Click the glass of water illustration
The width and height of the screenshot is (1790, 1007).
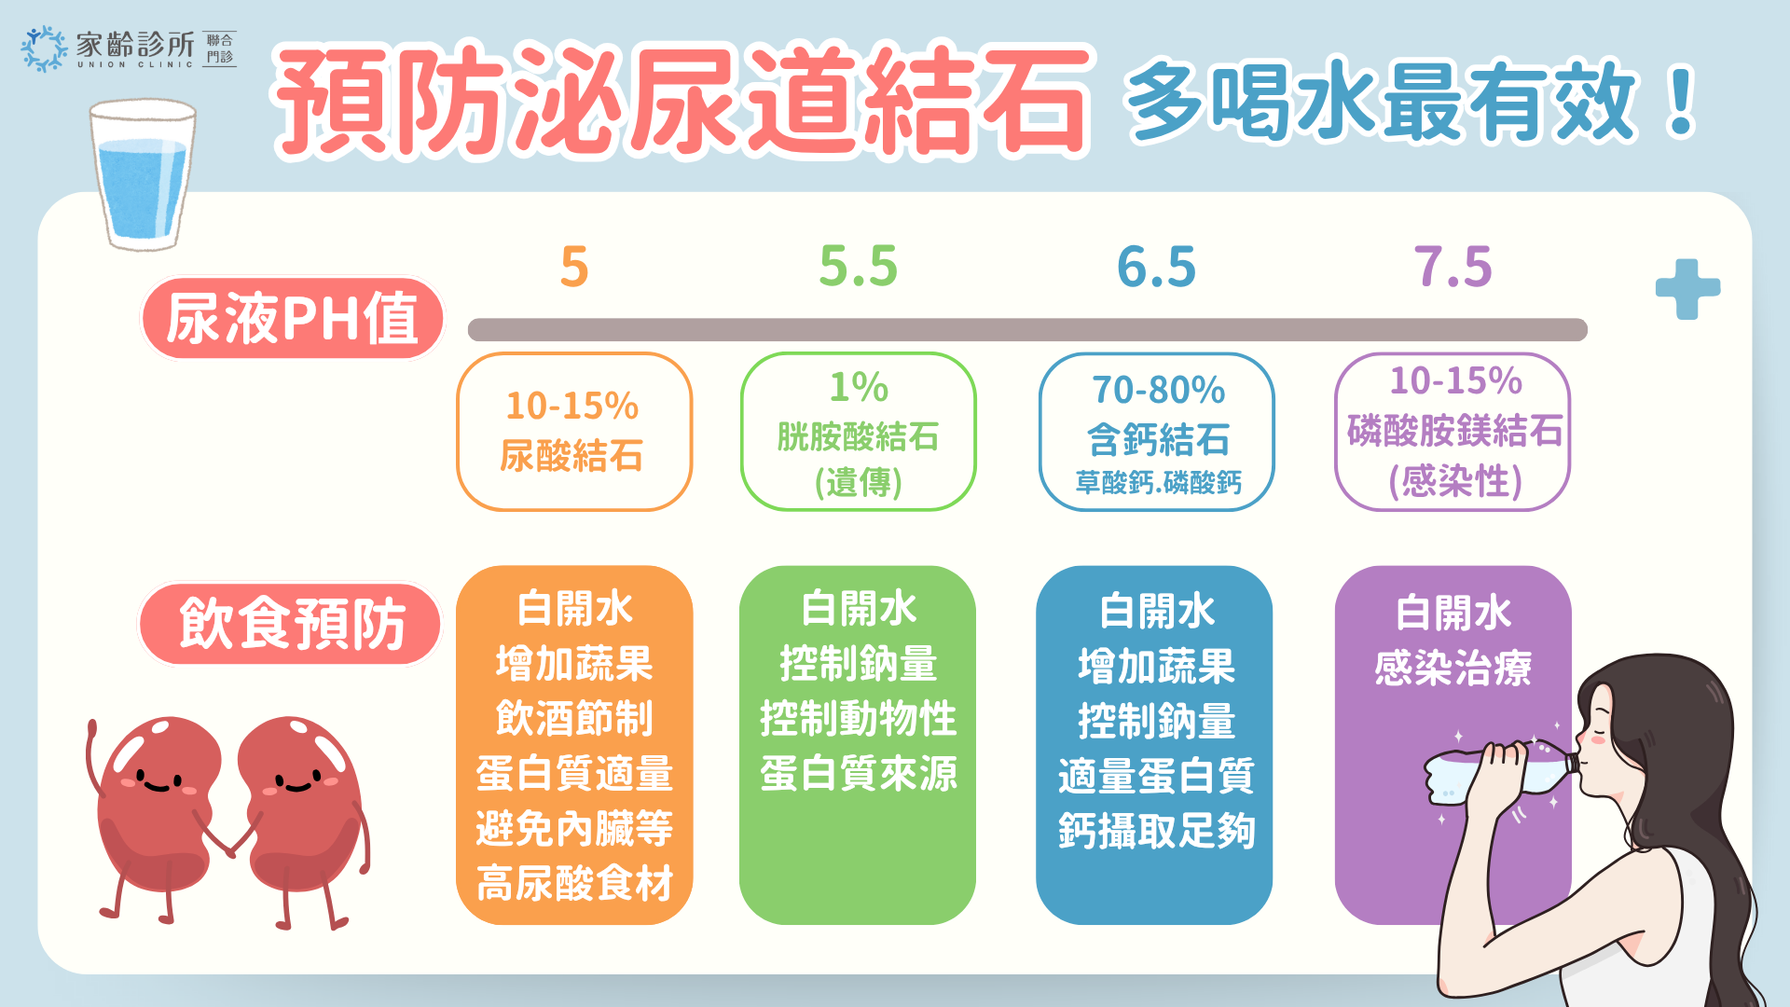click(x=143, y=175)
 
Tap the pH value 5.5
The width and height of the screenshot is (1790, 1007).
click(x=858, y=267)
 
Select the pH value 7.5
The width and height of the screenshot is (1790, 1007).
click(x=1453, y=267)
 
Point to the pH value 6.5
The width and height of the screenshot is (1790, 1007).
click(x=1156, y=267)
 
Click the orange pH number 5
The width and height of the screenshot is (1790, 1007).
click(x=574, y=268)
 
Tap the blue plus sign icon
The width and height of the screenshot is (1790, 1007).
click(x=1687, y=289)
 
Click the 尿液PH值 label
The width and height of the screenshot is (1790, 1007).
click(x=292, y=318)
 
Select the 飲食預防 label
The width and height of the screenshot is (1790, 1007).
click(x=292, y=624)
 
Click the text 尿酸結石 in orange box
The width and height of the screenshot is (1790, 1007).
click(x=571, y=456)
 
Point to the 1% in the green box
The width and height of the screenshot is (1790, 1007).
click(x=859, y=387)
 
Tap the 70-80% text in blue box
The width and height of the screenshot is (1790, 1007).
click(x=1158, y=390)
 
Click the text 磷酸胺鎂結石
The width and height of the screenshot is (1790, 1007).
click(x=1455, y=431)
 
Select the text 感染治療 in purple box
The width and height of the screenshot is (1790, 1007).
click(x=1453, y=668)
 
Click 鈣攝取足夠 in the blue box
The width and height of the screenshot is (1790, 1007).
click(x=1156, y=830)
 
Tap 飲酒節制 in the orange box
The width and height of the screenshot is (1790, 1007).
click(x=574, y=718)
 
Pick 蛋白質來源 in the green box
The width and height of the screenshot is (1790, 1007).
click(x=858, y=773)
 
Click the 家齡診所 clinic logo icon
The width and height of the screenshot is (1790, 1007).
click(x=44, y=48)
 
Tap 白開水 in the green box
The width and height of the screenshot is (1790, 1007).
click(x=859, y=609)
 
